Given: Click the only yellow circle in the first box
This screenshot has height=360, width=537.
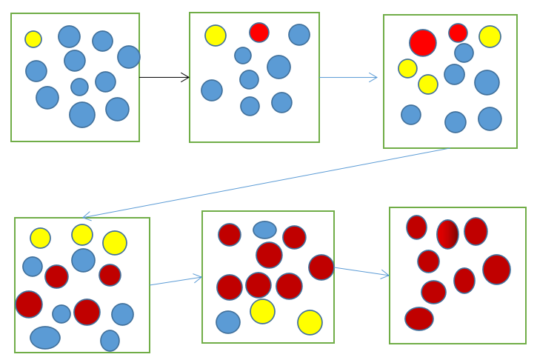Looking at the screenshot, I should (x=33, y=39).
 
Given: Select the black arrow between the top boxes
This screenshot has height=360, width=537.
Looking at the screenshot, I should (x=164, y=77).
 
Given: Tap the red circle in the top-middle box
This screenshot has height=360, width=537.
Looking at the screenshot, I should (x=259, y=33).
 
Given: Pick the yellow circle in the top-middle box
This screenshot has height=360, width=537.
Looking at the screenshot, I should (x=216, y=36).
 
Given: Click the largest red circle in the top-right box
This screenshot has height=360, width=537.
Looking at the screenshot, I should (x=423, y=43).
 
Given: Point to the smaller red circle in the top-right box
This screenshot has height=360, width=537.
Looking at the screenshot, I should (x=458, y=33).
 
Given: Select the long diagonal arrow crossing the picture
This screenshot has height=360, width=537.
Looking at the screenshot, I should (x=267, y=182).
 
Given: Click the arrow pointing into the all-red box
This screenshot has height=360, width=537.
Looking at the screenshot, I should (x=361, y=271).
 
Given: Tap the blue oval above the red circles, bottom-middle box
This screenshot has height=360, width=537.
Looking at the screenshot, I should (x=264, y=230).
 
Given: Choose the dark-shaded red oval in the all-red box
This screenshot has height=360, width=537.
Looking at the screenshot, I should (x=447, y=234).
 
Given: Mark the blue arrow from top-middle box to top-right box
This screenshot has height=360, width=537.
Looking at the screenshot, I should (x=348, y=77).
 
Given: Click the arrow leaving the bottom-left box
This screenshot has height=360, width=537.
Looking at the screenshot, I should (x=176, y=281).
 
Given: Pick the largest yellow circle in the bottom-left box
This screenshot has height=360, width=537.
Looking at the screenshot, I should (x=115, y=243).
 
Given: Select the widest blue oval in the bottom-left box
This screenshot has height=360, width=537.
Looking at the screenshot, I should (x=45, y=338).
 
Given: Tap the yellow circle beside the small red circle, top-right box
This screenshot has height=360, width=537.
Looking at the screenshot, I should (x=490, y=36).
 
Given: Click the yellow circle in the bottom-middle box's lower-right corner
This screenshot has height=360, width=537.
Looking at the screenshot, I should (x=310, y=322).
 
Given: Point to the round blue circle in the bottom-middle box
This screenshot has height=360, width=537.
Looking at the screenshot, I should (x=228, y=322).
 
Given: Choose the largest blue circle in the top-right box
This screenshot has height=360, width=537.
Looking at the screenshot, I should (x=487, y=82).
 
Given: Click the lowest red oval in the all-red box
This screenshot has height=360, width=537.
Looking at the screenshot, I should (x=419, y=319).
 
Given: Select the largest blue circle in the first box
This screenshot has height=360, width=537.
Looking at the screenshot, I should (x=82, y=115).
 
